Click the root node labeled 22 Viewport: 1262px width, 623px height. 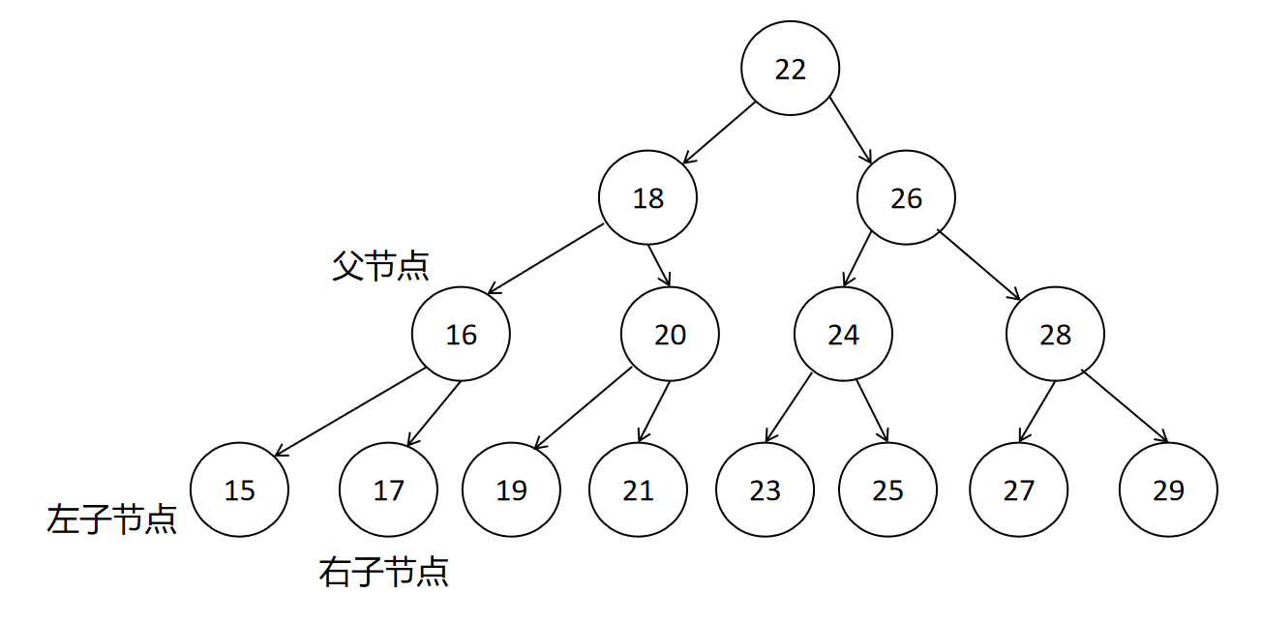[790, 69]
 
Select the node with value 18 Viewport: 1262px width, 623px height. [647, 198]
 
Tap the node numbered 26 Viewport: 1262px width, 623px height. [906, 198]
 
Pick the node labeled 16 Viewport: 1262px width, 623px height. [461, 335]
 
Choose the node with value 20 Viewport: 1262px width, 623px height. [670, 335]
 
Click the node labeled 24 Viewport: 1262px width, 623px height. [843, 335]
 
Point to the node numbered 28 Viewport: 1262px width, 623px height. [1055, 335]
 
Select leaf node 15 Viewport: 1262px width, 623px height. [239, 490]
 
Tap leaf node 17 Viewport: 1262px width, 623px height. [388, 490]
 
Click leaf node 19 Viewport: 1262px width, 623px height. [511, 490]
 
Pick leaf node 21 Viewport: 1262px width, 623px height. [638, 490]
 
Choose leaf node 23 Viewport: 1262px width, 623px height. [765, 490]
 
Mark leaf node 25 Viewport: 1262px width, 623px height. [887, 490]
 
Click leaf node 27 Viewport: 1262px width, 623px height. [1019, 490]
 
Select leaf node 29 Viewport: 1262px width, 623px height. [1168, 490]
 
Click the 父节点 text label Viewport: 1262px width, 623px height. [380, 266]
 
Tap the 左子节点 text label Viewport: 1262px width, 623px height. [111, 519]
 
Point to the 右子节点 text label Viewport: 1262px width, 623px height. [383, 573]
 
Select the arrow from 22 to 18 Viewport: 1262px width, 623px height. [718, 133]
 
